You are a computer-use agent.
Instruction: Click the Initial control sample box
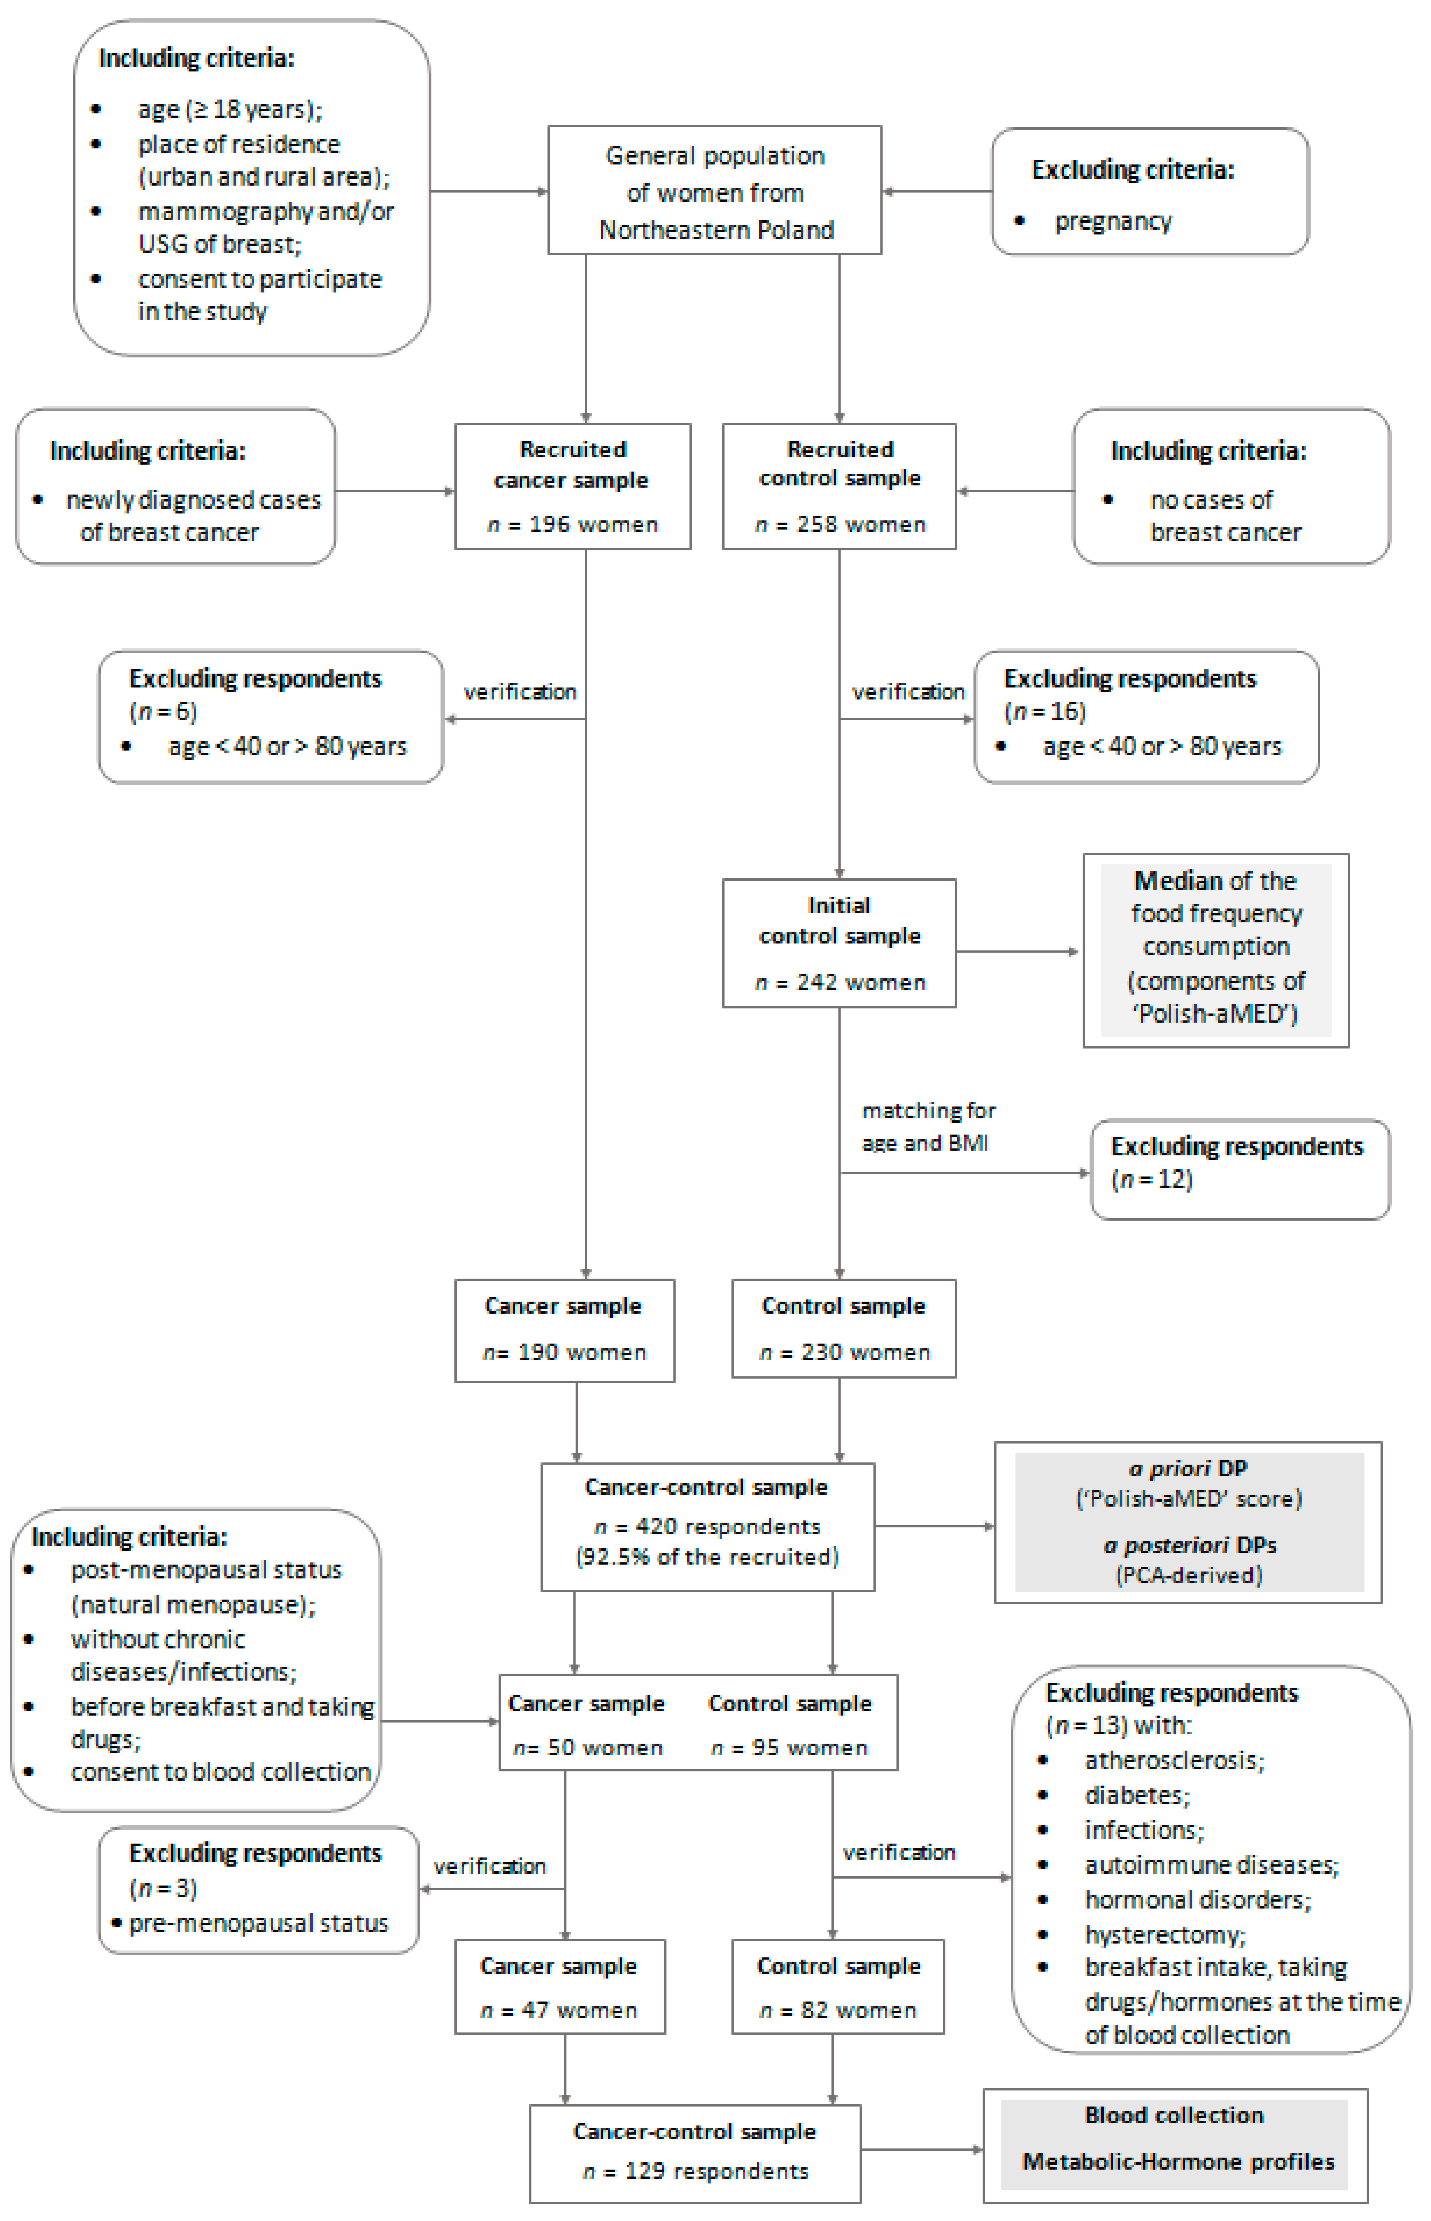point(839,943)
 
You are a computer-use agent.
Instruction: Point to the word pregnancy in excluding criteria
point(1113,221)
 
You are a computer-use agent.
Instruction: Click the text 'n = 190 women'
point(564,1352)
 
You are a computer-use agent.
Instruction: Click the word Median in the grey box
point(1177,880)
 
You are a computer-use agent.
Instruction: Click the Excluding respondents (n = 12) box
point(1240,1169)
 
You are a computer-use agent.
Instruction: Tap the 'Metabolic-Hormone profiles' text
point(1177,2162)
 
